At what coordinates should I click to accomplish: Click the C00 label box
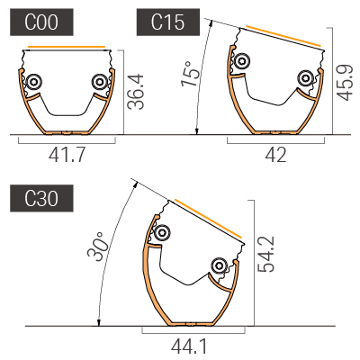pos(41,22)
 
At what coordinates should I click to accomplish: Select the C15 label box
pos(168,22)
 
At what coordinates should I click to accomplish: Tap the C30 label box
pos(41,198)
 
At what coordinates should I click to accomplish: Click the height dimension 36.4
pos(136,92)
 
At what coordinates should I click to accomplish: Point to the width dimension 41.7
pos(67,155)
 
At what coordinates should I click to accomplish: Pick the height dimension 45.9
pos(344,82)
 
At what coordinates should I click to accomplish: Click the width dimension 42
pos(276,155)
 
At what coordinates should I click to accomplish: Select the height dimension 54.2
pos(265,254)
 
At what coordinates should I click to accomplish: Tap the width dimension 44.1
pos(189,346)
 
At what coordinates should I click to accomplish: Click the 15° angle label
pos(190,74)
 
